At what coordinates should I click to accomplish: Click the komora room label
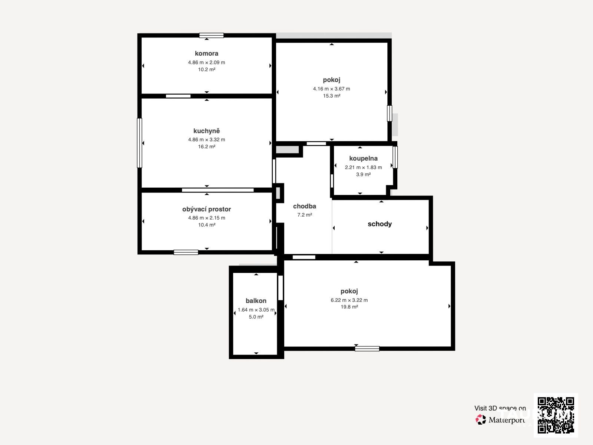pyautogui.click(x=206, y=53)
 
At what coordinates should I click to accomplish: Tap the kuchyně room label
pyautogui.click(x=206, y=131)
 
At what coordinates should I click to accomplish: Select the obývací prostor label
pyautogui.click(x=206, y=210)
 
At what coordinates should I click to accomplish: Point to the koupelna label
pyautogui.click(x=363, y=159)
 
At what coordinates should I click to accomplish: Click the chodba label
pyautogui.click(x=305, y=207)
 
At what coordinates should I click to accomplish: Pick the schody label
pyautogui.click(x=380, y=224)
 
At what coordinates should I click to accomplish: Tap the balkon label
pyautogui.click(x=256, y=301)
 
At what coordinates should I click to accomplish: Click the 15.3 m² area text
pyautogui.click(x=331, y=96)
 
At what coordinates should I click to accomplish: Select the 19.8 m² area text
pyautogui.click(x=349, y=307)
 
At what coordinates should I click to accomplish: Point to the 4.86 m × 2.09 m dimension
pyautogui.click(x=206, y=62)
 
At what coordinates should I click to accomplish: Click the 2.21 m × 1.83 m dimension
pyautogui.click(x=363, y=168)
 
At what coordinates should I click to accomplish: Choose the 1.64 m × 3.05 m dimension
pyautogui.click(x=256, y=310)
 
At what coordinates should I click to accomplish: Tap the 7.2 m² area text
pyautogui.click(x=305, y=215)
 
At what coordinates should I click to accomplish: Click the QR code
pyautogui.click(x=556, y=415)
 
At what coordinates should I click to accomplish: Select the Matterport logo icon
pyautogui.click(x=481, y=420)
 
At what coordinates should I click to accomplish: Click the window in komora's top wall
pyautogui.click(x=211, y=35)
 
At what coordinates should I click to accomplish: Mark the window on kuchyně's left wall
pyautogui.click(x=139, y=143)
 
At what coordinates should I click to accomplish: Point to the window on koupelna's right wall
pyautogui.click(x=395, y=157)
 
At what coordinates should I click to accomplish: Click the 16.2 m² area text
pyautogui.click(x=206, y=147)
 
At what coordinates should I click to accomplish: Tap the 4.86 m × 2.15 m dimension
pyautogui.click(x=206, y=218)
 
